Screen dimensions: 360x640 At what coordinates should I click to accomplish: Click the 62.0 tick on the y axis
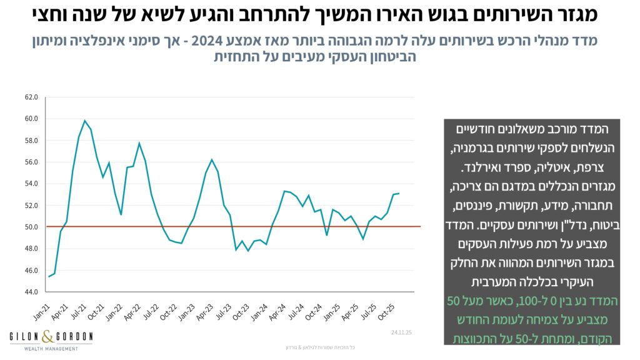[31, 97]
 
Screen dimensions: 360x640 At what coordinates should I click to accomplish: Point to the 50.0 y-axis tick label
[31, 227]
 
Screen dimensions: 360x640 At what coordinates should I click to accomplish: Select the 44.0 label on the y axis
[31, 292]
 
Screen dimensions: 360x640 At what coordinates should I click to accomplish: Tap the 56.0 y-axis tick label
[31, 162]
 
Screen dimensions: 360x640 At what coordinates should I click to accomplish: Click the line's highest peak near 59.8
[84, 121]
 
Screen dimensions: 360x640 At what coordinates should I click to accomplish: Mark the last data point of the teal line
[399, 193]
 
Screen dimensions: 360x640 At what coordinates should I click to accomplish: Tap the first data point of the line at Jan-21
[49, 276]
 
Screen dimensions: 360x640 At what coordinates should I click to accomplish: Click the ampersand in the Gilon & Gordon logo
[51, 337]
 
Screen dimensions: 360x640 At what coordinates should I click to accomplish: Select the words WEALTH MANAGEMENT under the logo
[51, 348]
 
